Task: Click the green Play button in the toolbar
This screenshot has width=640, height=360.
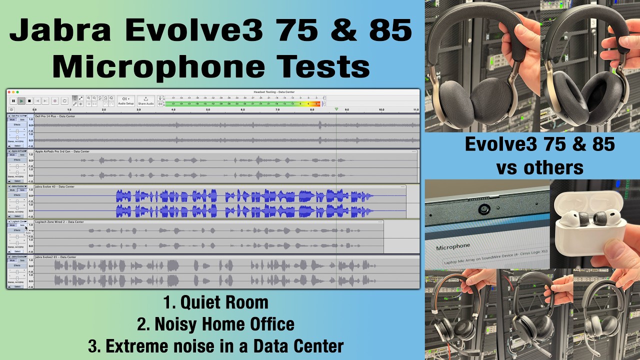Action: (21, 100)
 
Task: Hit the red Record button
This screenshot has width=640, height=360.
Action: (55, 100)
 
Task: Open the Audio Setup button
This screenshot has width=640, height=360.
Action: (125, 100)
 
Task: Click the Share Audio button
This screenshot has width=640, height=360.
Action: (146, 100)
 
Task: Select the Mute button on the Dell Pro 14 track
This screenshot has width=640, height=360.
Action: (12, 120)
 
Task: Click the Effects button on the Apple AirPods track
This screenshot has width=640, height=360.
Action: (17, 160)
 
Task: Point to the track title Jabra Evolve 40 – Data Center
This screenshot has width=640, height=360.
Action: (54, 186)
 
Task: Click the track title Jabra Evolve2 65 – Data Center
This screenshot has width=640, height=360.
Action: (55, 257)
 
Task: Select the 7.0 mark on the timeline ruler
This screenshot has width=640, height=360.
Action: (277, 109)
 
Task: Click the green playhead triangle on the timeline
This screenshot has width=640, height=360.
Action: (336, 109)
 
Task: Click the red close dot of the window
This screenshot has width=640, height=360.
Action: (9, 92)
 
